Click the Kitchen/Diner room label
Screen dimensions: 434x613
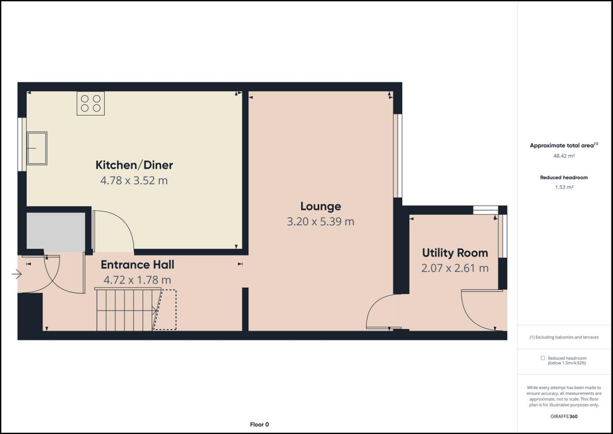[134, 165]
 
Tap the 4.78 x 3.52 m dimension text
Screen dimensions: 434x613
[134, 180]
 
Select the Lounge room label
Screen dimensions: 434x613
[321, 206]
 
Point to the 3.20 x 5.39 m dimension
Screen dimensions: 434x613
[321, 221]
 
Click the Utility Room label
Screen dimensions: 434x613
[455, 252]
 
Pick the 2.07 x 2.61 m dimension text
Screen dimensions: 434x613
[455, 268]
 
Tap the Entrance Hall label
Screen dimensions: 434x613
[137, 264]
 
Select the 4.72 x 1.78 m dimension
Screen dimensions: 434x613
[137, 279]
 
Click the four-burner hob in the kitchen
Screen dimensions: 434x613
[90, 103]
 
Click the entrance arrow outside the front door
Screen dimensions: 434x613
[16, 275]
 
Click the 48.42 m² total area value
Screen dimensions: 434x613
[564, 156]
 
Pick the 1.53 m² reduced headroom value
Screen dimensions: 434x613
[564, 188]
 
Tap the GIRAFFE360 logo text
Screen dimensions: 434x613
[564, 416]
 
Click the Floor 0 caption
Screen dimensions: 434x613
[259, 424]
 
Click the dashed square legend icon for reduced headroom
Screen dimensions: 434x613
[542, 358]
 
